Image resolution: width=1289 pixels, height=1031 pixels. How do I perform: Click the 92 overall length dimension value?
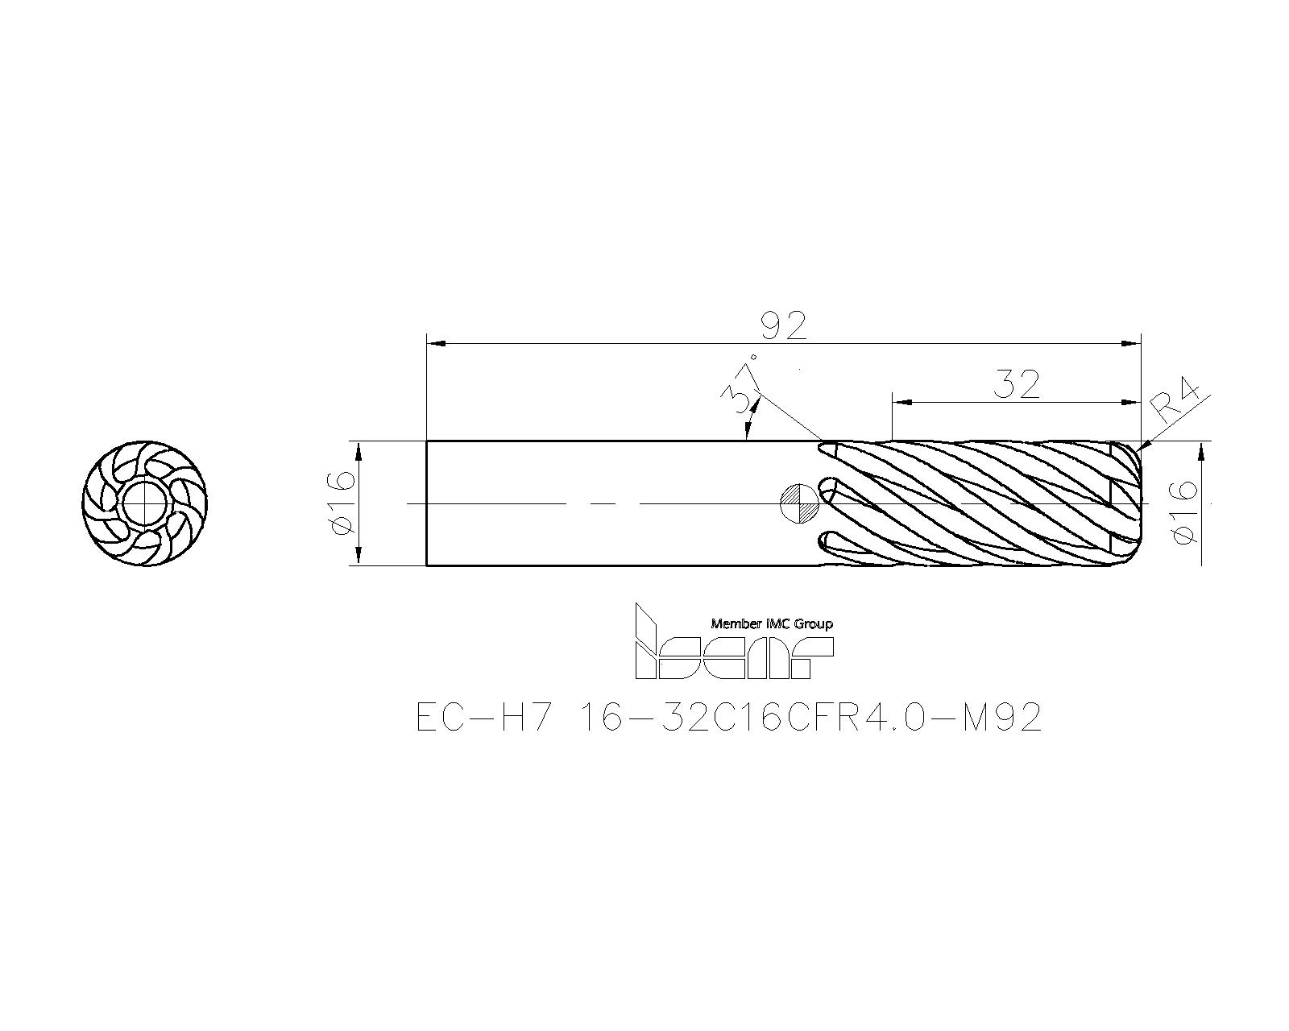(x=783, y=326)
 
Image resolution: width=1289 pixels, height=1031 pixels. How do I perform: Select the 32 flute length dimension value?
(x=1016, y=385)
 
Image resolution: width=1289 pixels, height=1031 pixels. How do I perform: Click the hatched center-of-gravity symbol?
(x=800, y=504)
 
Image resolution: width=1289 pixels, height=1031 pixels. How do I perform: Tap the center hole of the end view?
(x=144, y=504)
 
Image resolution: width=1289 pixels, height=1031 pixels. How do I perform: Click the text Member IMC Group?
(x=771, y=623)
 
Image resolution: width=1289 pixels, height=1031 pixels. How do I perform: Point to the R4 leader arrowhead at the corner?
(x=1146, y=445)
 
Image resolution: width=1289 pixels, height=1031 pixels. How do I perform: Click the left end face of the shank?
(x=427, y=503)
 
